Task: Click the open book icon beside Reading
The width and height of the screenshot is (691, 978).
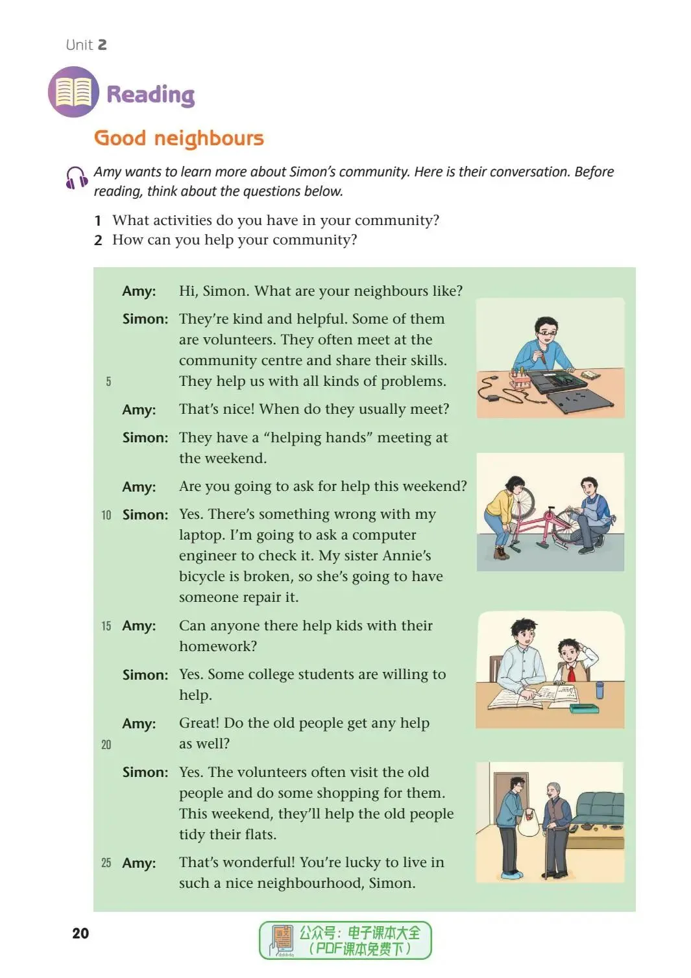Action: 73,92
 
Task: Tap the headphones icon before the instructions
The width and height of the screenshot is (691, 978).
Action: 76,178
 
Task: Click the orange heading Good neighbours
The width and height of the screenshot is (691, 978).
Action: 179,138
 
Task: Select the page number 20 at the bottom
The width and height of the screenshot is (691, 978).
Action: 80,933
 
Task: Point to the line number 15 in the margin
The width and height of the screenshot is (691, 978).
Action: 106,626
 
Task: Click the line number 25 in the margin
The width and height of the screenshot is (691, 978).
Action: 106,863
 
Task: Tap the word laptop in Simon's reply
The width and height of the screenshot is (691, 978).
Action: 199,535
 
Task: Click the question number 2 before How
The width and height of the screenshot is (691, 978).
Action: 98,240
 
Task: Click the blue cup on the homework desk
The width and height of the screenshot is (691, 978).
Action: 600,689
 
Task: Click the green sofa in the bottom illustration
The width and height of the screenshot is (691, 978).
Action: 597,807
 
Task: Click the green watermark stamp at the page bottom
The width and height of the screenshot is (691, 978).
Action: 345,940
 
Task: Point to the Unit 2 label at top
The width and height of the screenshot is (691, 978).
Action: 86,45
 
